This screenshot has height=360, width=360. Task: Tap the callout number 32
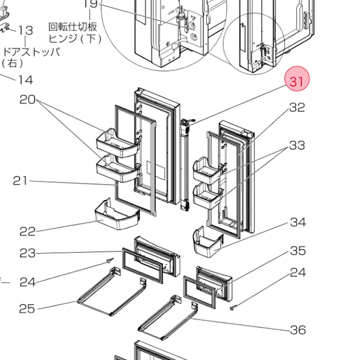pyautogui.click(x=297, y=107)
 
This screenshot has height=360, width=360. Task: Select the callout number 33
pyautogui.click(x=297, y=145)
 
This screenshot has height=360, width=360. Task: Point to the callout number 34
pyautogui.click(x=298, y=222)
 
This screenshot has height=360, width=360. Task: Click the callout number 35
pyautogui.click(x=298, y=251)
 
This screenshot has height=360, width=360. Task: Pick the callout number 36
pyautogui.click(x=298, y=330)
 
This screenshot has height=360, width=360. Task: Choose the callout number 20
pyautogui.click(x=28, y=99)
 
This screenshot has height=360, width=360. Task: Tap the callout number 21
pyautogui.click(x=20, y=180)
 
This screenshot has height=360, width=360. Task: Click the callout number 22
pyautogui.click(x=28, y=231)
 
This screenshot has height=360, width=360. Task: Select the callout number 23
pyautogui.click(x=28, y=253)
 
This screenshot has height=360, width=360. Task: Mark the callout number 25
pyautogui.click(x=27, y=309)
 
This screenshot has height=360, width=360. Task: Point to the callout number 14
pyautogui.click(x=26, y=80)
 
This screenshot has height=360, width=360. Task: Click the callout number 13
pyautogui.click(x=26, y=31)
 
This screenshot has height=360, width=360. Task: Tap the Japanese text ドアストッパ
pyautogui.click(x=31, y=51)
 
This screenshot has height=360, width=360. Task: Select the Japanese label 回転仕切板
pyautogui.click(x=73, y=27)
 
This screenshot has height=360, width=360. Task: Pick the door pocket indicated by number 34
pyautogui.click(x=208, y=244)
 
